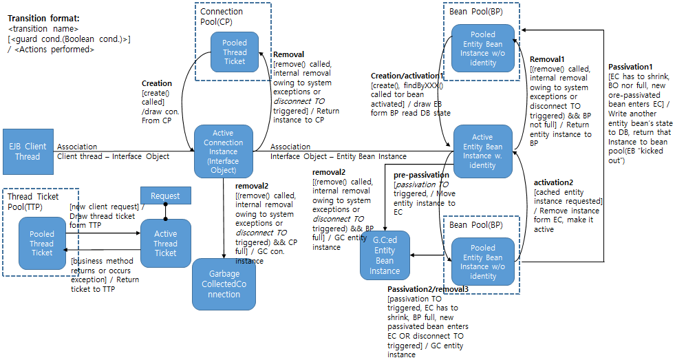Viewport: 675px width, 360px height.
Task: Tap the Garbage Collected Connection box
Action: tap(224, 284)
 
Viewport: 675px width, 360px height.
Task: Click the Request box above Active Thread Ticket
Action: tap(165, 196)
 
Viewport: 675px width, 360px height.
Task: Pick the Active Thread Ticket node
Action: tap(165, 243)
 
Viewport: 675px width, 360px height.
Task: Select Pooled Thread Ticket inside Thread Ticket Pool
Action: tap(42, 243)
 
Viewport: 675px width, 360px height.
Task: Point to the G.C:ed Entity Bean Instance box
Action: tap(385, 255)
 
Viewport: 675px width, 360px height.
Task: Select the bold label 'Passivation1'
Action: tap(630, 67)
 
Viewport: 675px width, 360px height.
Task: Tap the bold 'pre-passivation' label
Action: tap(421, 176)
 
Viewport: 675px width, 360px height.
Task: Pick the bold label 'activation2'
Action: tap(558, 182)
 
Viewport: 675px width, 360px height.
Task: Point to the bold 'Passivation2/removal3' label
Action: tap(427, 289)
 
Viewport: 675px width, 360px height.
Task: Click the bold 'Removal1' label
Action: tap(546, 60)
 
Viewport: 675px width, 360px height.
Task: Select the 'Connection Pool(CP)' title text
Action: tap(222, 16)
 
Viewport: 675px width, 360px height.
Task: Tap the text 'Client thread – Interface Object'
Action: tap(113, 156)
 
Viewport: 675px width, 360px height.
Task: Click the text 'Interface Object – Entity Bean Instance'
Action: tap(338, 156)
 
